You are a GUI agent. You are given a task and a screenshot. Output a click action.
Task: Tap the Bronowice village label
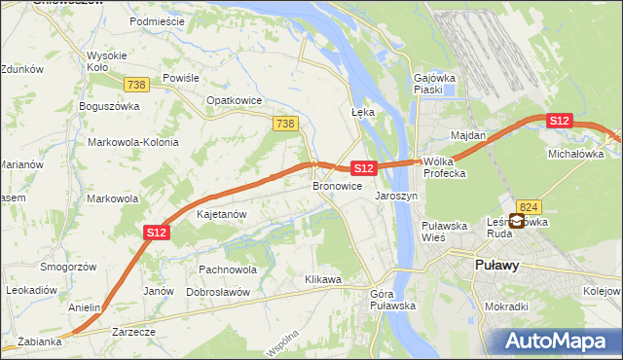(338, 186)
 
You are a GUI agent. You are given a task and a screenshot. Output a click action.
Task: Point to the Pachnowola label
(227, 270)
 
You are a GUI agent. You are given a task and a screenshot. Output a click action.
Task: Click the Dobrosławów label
(218, 292)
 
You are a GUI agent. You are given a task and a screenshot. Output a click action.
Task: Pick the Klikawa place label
(323, 280)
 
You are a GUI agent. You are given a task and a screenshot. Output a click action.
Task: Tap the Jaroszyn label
(396, 196)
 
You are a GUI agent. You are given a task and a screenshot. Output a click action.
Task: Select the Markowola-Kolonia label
(132, 142)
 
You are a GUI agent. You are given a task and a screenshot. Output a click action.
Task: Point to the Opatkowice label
(231, 100)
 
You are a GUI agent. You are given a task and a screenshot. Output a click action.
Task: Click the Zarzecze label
(133, 332)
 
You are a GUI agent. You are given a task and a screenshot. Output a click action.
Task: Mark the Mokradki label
(504, 306)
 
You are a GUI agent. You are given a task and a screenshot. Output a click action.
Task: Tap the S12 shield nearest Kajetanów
(158, 232)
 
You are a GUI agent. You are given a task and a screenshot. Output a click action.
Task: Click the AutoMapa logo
(558, 341)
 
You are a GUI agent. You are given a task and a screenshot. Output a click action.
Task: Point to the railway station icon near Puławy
(517, 221)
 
